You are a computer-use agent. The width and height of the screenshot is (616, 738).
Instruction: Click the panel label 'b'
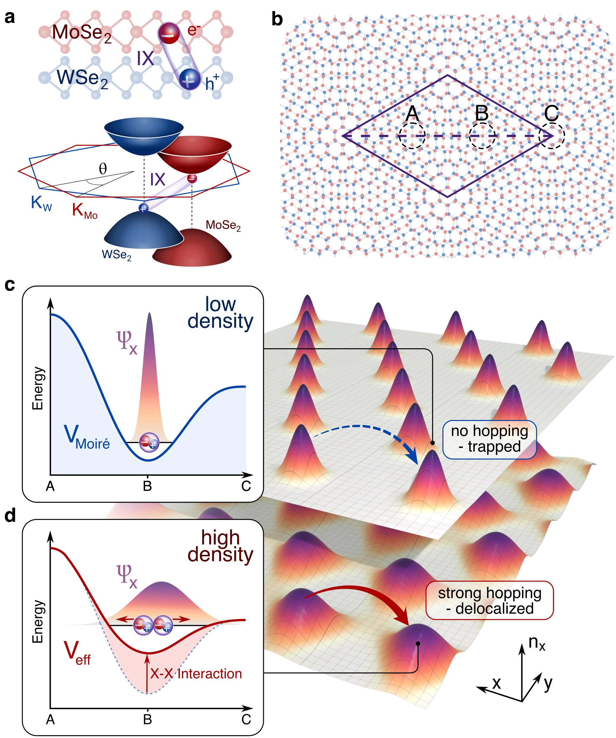click(x=277, y=19)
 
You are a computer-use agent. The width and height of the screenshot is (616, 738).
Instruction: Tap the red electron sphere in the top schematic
click(x=169, y=33)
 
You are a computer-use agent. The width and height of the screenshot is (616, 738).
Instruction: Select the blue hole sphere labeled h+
click(x=189, y=79)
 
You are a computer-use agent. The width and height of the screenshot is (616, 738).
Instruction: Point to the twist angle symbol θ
click(x=103, y=169)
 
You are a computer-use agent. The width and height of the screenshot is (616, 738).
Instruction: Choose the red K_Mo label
click(x=85, y=211)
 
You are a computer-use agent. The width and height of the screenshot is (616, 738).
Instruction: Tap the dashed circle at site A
click(x=412, y=136)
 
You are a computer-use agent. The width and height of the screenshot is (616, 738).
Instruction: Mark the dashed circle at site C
click(x=552, y=136)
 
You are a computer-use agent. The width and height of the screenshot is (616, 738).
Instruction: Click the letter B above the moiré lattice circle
click(x=482, y=114)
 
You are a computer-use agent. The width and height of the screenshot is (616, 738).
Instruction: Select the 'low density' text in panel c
click(x=220, y=312)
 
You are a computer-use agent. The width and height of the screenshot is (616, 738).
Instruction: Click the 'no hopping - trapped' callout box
click(x=489, y=439)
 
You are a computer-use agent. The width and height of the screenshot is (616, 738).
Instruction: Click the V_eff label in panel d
click(x=77, y=653)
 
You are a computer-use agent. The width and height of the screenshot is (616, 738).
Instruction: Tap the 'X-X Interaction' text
click(x=196, y=674)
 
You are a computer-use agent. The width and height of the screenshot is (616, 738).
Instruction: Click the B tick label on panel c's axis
click(x=147, y=486)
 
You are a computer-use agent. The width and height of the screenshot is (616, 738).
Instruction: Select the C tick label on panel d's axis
click(x=246, y=719)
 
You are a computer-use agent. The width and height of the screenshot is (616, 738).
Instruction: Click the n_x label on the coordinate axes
click(x=537, y=643)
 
